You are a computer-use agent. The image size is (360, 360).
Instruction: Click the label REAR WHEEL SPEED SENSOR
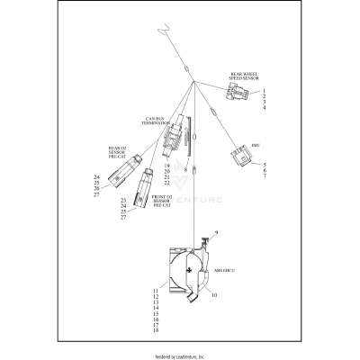click(245, 78)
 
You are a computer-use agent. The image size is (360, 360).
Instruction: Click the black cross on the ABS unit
click(188, 270)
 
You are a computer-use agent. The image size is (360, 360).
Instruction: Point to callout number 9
click(215, 234)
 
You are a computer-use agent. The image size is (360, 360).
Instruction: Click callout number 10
click(215, 293)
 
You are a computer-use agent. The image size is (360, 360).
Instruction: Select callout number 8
click(185, 168)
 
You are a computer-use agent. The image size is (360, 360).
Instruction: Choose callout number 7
click(265, 176)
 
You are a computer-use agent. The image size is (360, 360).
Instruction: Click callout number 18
click(156, 331)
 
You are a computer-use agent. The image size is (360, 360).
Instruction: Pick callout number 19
click(166, 166)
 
